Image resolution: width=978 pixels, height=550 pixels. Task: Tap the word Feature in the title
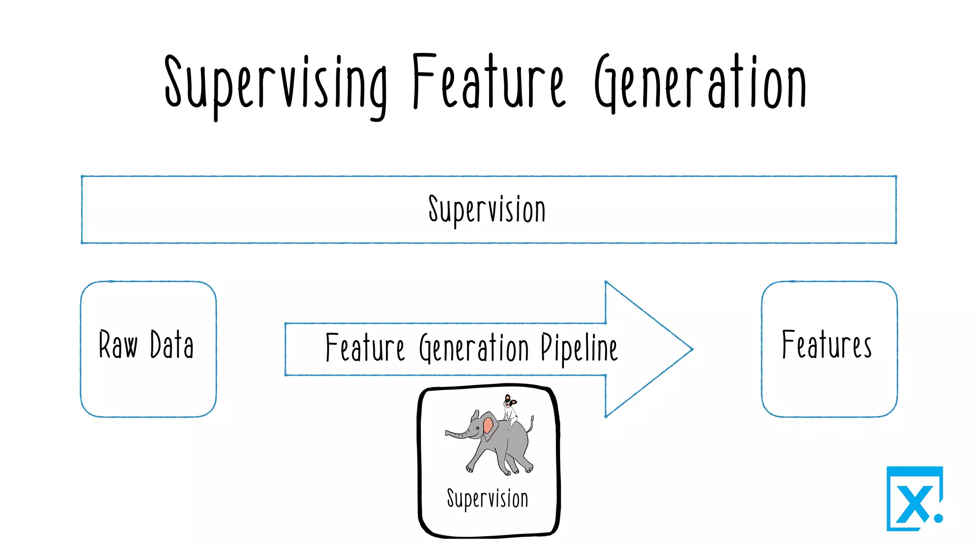point(488,82)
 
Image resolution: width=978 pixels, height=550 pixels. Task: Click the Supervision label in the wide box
point(487,210)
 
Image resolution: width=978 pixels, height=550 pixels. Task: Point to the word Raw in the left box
point(118,344)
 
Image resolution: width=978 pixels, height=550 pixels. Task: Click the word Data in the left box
point(172,344)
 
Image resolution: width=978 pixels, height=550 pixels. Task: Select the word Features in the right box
point(827,344)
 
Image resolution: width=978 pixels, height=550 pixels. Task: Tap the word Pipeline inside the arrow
point(579,348)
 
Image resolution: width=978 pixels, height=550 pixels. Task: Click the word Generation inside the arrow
point(474,348)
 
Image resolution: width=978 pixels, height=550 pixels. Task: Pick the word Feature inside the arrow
point(365,348)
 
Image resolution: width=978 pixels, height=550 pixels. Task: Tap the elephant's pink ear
point(489,425)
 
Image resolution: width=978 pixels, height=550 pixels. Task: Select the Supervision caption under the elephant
point(488,498)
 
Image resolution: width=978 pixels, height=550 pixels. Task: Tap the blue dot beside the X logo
point(938,518)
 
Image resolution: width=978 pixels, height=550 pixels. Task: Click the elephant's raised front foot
point(470,468)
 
